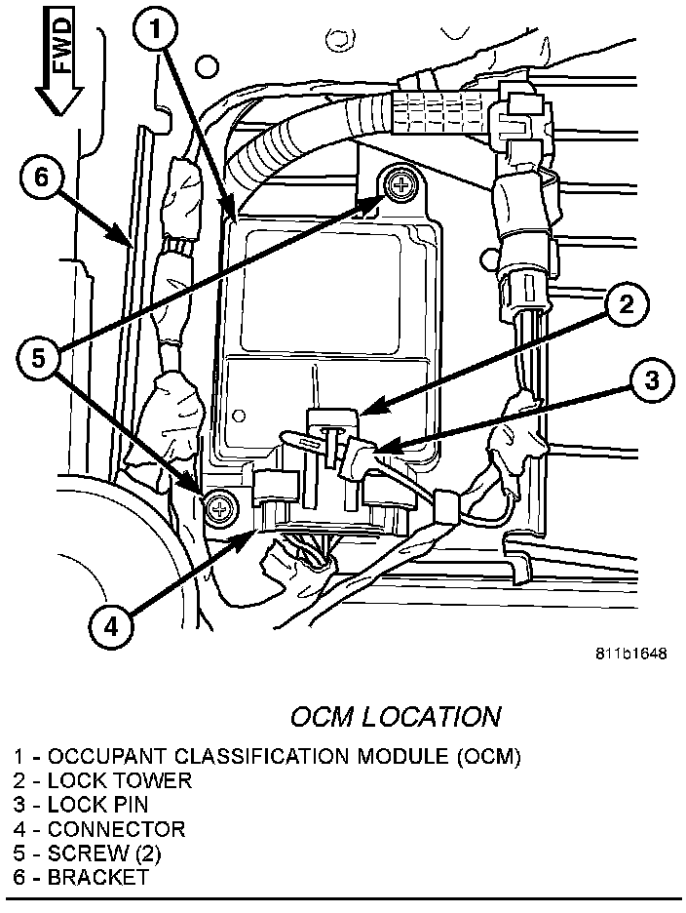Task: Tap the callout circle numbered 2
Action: [625, 305]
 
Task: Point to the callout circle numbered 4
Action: [109, 629]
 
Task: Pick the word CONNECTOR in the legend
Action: [116, 829]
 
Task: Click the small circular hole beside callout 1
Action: [206, 65]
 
